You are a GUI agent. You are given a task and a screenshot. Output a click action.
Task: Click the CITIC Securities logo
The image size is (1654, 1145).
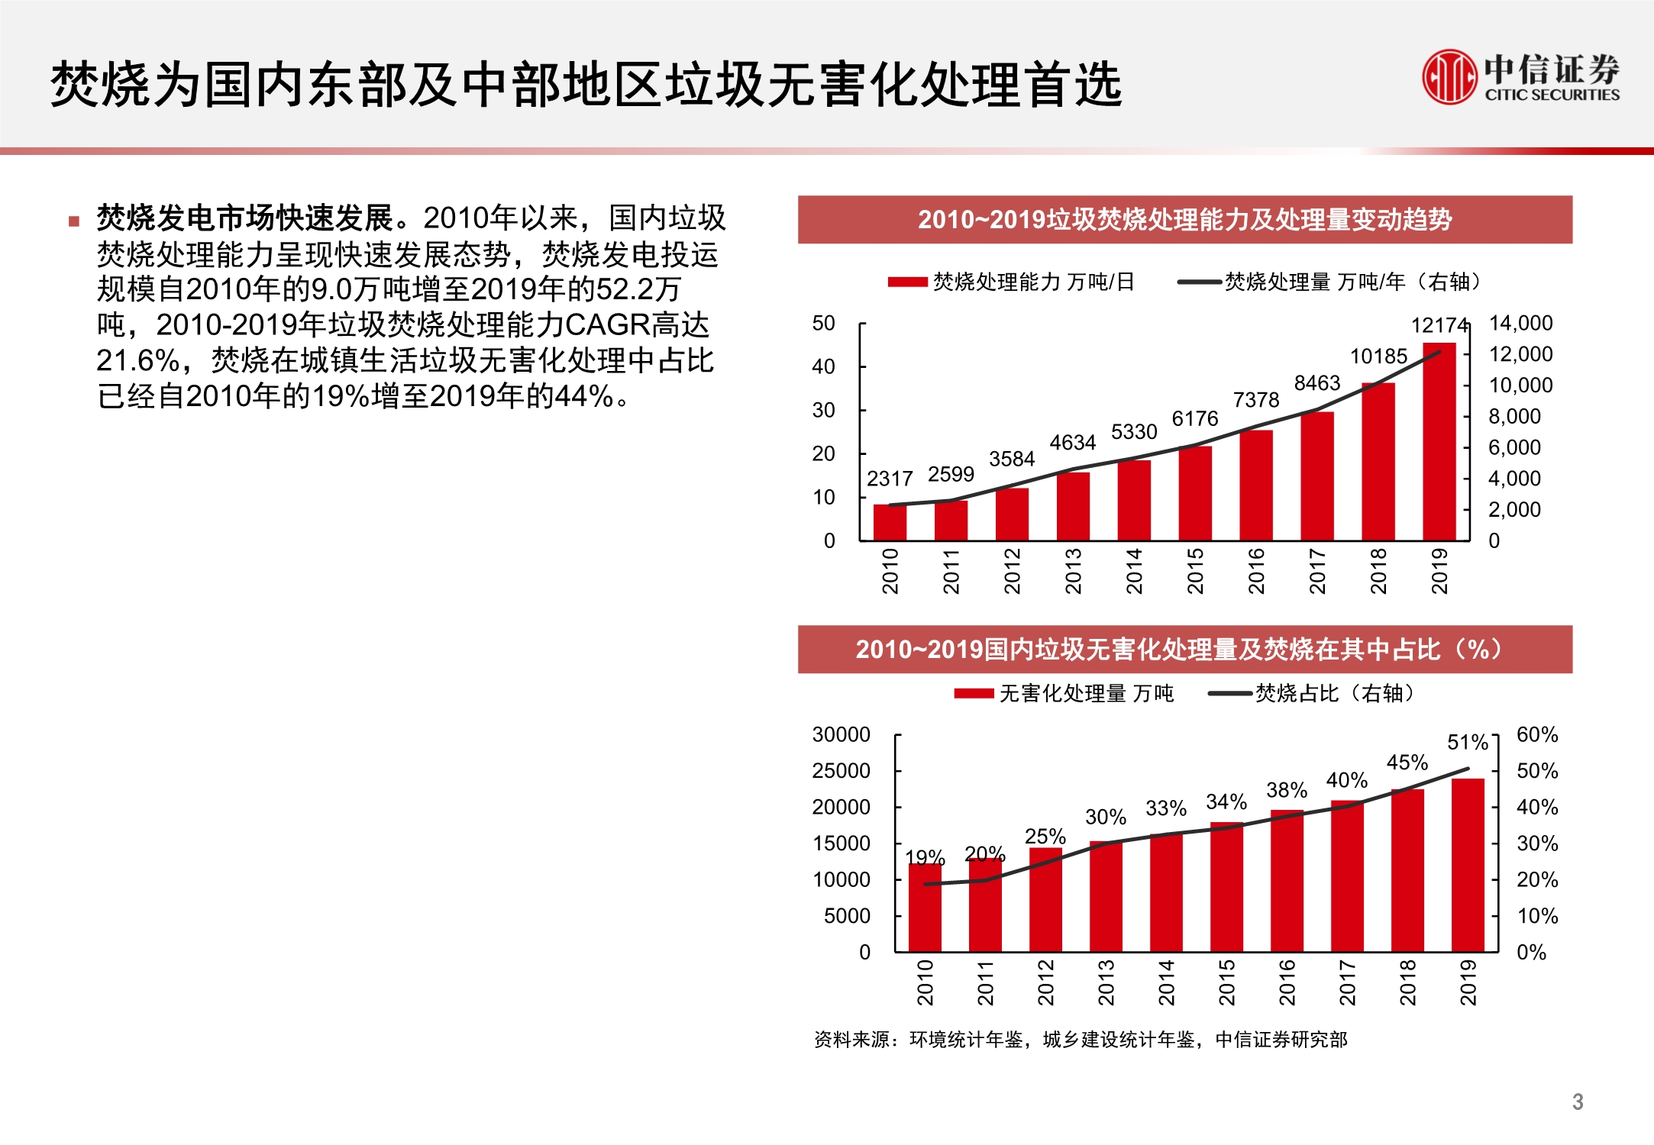point(1520,76)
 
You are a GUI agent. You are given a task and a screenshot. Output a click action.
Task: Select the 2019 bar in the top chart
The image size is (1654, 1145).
point(1439,443)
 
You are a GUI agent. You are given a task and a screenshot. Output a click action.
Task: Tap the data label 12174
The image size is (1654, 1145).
point(1439,326)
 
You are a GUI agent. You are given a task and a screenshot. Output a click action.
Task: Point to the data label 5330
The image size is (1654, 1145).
point(1134,432)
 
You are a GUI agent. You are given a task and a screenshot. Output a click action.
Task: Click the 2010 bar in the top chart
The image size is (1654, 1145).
point(890,522)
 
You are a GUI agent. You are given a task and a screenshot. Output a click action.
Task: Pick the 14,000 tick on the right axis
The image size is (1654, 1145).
point(1520,323)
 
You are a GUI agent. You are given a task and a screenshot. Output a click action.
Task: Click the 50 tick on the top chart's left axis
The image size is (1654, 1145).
point(823,323)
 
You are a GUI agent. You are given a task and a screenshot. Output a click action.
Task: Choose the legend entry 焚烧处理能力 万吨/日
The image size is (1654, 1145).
point(1012,282)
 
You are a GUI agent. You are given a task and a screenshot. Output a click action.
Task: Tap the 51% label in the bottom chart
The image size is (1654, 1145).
point(1467,742)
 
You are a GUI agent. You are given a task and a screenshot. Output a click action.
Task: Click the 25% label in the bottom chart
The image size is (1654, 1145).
point(1045,836)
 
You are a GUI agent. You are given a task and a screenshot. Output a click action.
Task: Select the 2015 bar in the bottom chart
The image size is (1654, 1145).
point(1226,887)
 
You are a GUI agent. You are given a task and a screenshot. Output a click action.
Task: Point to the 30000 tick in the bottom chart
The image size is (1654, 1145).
point(841,734)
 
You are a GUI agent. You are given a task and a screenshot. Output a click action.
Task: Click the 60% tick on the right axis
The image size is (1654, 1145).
point(1536,734)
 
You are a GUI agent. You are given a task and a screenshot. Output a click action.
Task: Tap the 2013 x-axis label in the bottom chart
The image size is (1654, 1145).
point(1106,982)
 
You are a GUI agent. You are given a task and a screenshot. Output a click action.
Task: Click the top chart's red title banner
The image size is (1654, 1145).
point(1184,220)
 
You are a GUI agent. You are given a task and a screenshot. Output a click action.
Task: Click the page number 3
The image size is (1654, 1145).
point(1578,1101)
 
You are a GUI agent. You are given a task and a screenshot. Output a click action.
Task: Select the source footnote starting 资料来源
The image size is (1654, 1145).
point(1080,1040)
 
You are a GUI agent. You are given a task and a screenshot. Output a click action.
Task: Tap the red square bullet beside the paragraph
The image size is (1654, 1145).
point(74,222)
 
